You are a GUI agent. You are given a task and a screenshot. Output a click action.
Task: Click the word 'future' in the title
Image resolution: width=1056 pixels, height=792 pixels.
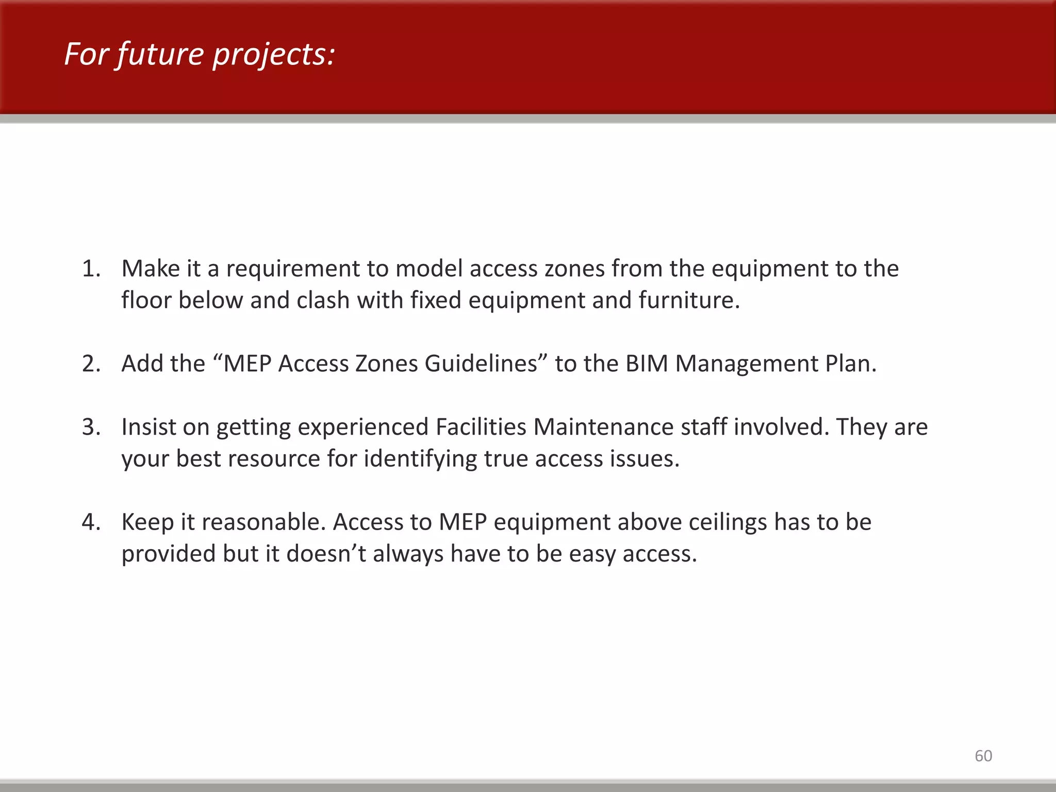[x=160, y=54]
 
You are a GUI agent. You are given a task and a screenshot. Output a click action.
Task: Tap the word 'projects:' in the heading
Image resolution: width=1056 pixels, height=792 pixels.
[x=274, y=55]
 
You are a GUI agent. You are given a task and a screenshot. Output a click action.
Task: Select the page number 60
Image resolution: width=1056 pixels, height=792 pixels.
[x=983, y=756]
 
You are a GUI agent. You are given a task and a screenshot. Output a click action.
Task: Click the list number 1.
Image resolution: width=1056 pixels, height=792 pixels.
[x=91, y=269]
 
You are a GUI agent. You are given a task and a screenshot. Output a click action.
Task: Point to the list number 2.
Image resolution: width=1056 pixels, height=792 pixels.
[x=91, y=364]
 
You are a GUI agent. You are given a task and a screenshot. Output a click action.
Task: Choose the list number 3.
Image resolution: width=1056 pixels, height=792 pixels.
[x=91, y=427]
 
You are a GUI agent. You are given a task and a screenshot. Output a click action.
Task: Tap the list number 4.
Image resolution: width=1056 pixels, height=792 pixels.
[x=91, y=522]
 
